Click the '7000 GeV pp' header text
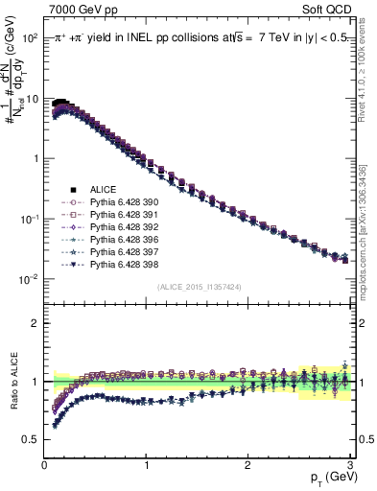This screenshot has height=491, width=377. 74,8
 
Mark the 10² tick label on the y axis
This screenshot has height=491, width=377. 29,37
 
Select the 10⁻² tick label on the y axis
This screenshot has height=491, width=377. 29,279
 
